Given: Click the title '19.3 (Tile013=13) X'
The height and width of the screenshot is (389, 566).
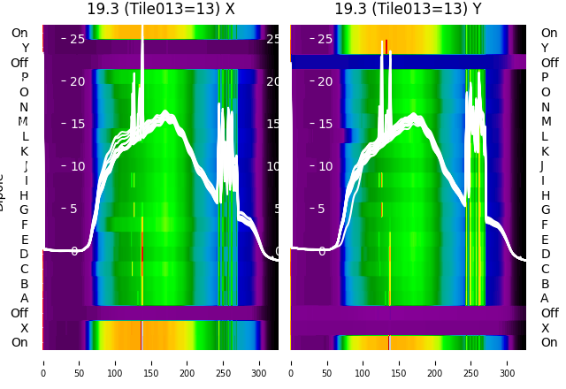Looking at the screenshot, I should (161, 9).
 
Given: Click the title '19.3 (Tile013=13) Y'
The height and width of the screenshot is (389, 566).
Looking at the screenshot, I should (408, 9).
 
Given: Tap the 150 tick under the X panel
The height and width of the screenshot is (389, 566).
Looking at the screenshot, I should (151, 362).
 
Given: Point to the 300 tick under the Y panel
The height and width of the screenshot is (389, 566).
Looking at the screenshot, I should (508, 362).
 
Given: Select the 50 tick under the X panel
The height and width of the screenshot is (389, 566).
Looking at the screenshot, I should (79, 362).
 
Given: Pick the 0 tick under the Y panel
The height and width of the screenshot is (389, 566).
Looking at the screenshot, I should (291, 362).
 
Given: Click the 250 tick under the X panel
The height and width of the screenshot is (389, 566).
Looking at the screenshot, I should (224, 362).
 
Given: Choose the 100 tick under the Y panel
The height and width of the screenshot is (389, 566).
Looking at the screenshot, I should (363, 362).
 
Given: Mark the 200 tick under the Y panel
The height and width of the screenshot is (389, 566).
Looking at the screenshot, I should (436, 362).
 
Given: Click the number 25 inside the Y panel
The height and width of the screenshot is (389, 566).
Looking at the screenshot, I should (325, 39).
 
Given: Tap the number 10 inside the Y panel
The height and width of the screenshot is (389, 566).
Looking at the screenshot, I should (325, 166).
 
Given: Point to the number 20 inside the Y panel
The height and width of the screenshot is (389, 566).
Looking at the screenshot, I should (325, 81).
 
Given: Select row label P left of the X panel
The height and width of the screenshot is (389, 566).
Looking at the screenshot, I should (24, 78).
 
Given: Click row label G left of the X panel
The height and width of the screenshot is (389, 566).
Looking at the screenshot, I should (24, 210).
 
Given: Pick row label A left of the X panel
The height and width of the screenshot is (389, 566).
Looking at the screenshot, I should (24, 299).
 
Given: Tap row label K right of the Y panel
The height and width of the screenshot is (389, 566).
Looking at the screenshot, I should (545, 151).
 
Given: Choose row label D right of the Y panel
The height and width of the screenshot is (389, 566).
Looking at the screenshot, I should (545, 255).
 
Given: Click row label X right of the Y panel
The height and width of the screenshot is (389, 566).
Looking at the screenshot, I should (545, 328).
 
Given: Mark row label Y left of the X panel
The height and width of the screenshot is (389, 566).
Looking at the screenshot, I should (24, 48).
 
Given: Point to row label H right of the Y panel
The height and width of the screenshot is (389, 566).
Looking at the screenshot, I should (545, 195).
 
